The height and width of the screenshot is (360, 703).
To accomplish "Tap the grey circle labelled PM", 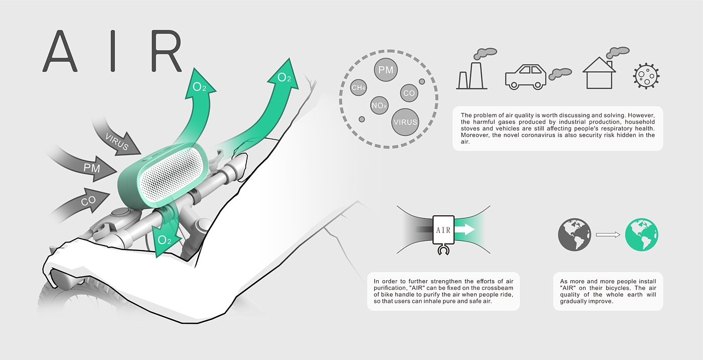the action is coord(386,70).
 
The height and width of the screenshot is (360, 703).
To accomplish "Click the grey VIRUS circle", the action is coord(405,122).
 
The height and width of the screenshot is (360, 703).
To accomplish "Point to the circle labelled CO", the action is coord(409,93).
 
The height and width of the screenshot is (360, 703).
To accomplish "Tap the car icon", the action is coord(525,77).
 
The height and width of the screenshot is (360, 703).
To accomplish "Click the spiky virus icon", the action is coord(646,76).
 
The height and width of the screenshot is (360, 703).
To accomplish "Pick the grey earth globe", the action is coord(573,234).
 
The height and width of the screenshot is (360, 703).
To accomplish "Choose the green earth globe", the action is coord(641,234).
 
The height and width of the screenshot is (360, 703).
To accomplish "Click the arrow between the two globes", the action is coord(608,234).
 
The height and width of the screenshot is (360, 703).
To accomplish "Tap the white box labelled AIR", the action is coord(443,230).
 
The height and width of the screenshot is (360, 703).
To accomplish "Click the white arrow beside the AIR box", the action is coord(465,230).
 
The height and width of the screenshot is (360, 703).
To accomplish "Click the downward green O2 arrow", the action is coord(164,239).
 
